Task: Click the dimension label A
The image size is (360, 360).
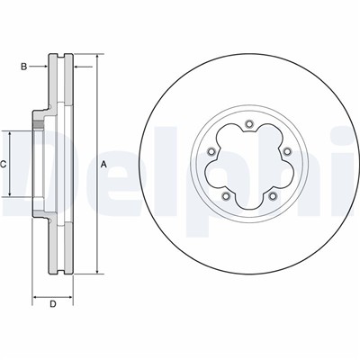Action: tap(103, 163)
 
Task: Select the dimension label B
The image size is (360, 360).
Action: tap(25, 66)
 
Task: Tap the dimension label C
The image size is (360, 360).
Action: tap(4, 164)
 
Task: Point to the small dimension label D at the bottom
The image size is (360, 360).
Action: tap(52, 304)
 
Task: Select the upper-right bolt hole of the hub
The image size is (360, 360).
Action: tap(286, 151)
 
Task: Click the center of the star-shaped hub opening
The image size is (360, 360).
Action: tap(247, 164)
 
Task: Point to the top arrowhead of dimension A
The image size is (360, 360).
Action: tap(94, 58)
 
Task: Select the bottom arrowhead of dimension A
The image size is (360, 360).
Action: tap(94, 270)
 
